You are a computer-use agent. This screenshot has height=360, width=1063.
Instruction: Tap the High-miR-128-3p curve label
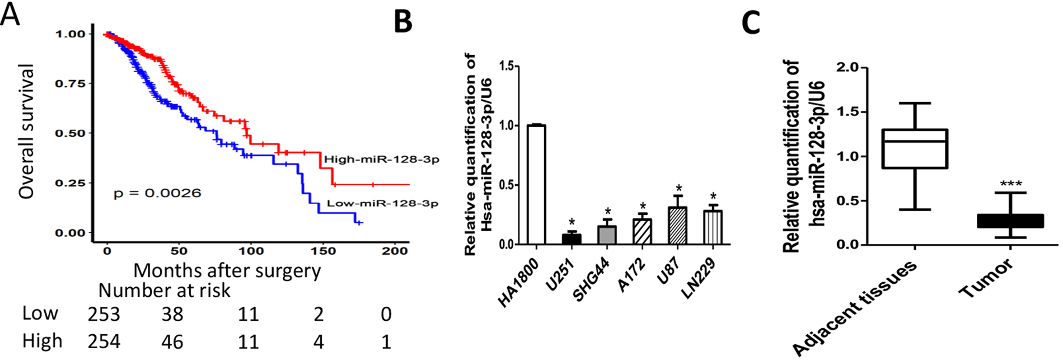tap(381, 160)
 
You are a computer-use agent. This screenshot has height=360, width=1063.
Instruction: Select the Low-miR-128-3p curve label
tap(382, 203)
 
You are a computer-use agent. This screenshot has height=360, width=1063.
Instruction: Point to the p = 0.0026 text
tap(157, 193)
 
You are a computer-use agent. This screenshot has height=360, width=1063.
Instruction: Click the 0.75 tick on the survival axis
tap(70, 83)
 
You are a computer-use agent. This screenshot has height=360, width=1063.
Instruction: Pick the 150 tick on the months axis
tap(323, 251)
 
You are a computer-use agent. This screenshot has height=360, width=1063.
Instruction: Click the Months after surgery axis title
tap(227, 271)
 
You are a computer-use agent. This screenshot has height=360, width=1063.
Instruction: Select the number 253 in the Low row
tap(104, 314)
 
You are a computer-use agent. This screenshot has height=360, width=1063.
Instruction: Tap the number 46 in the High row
tap(172, 342)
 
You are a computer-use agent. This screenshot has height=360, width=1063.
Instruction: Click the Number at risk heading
tap(164, 291)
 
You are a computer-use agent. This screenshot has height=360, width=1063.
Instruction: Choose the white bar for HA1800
tap(536, 185)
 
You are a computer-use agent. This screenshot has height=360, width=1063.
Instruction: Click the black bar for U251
tap(572, 239)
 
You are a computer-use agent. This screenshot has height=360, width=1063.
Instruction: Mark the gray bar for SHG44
tap(607, 235)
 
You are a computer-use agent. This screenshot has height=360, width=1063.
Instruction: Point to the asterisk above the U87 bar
tap(678, 188)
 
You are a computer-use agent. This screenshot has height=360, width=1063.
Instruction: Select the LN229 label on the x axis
tap(700, 278)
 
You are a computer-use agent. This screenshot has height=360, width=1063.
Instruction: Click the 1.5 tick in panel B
tap(505, 67)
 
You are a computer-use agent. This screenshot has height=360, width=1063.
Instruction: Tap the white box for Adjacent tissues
tap(914, 148)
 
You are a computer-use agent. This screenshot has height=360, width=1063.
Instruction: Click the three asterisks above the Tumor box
tap(1010, 184)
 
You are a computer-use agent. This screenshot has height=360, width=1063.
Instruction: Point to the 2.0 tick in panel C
tap(846, 68)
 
